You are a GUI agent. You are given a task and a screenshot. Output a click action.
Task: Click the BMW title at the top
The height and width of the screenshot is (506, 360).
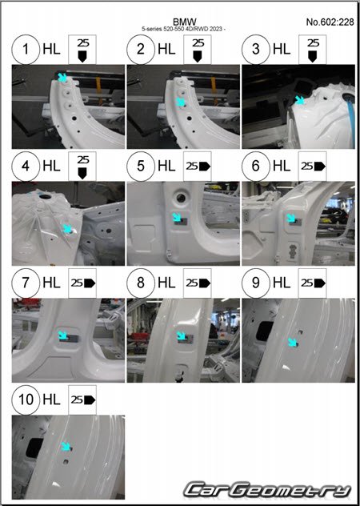click(x=185, y=22)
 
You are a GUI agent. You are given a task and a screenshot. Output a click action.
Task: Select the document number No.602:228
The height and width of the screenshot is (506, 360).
click(x=330, y=22)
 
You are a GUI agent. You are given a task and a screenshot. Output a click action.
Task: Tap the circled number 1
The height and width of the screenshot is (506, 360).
click(x=26, y=50)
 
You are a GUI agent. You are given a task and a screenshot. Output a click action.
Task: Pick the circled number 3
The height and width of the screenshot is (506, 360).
click(x=256, y=50)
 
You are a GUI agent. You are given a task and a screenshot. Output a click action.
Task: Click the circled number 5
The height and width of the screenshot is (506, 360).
click(x=141, y=167)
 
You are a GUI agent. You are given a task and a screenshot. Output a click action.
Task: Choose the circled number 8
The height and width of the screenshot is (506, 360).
click(x=141, y=283)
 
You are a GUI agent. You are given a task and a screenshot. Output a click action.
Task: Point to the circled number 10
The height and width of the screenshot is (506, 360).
click(x=26, y=400)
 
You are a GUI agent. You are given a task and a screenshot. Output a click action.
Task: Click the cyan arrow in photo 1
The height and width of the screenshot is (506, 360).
click(x=62, y=78)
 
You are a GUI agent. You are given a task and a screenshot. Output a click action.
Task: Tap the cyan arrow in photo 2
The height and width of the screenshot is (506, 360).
click(x=181, y=102)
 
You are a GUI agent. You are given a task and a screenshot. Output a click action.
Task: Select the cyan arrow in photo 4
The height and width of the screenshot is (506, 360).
click(x=66, y=228)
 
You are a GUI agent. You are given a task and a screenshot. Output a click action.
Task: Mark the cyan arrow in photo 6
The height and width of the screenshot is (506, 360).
click(x=292, y=218)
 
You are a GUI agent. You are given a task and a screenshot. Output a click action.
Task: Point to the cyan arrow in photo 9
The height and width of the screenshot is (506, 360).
click(x=293, y=342)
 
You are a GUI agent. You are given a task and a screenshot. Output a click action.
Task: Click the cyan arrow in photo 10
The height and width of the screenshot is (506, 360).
click(x=66, y=446)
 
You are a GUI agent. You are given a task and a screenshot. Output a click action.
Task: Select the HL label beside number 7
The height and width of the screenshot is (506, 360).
click(x=52, y=283)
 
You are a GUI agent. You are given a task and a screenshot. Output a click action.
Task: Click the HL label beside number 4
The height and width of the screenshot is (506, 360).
click(x=52, y=167)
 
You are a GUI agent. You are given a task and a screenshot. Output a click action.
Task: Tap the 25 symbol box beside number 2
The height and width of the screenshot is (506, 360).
click(x=198, y=50)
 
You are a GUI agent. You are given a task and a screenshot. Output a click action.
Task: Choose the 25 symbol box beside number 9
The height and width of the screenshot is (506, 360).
click(x=312, y=283)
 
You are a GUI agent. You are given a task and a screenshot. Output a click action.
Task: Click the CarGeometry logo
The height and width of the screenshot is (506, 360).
click(x=268, y=490)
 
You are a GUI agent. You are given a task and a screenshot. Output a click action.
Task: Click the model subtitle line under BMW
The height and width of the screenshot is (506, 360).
click(x=183, y=29)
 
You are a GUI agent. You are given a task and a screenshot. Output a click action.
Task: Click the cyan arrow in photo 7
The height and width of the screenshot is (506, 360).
click(x=62, y=335)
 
